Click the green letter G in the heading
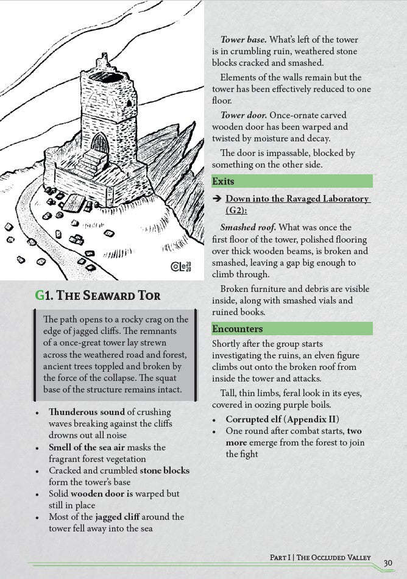coord(40,296)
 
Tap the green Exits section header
coord(292,181)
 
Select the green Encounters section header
coord(292,329)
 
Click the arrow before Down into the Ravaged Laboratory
coord(216,199)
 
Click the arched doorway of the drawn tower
coord(99,144)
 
